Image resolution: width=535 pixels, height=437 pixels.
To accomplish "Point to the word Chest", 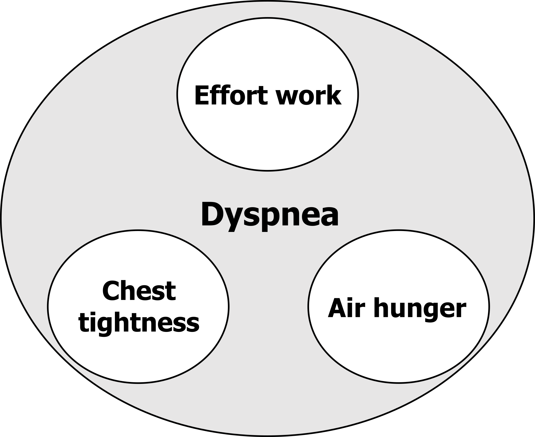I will (x=139, y=291).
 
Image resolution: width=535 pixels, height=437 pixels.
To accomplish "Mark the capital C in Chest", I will (x=111, y=291).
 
